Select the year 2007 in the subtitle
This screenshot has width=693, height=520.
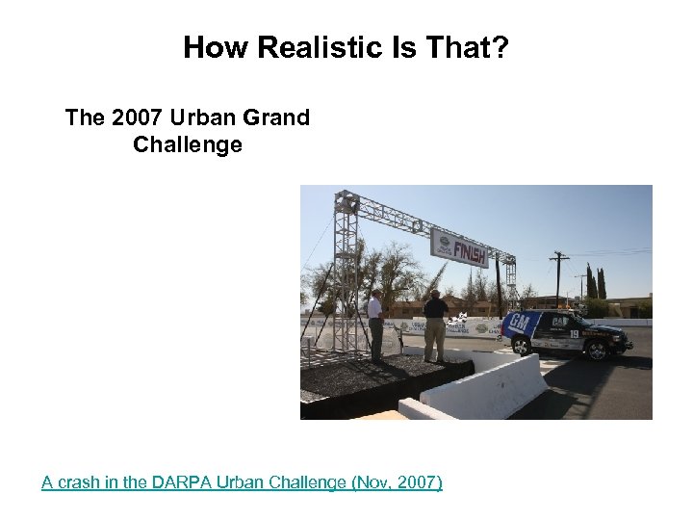click(138, 118)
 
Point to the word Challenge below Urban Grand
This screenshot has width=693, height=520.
click(188, 146)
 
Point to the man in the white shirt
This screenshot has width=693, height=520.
click(375, 323)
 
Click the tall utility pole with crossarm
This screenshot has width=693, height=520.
click(558, 279)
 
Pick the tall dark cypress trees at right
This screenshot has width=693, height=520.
click(596, 283)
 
